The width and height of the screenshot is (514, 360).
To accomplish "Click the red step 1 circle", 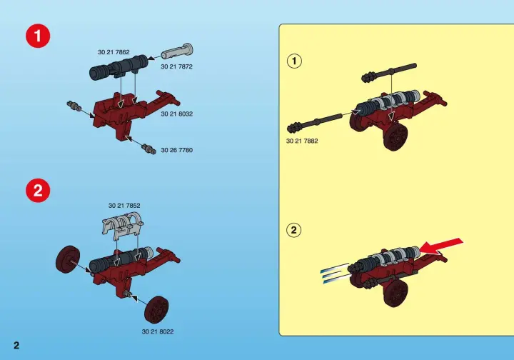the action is click(x=38, y=36).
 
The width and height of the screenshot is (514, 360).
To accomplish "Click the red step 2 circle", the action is click(x=38, y=190).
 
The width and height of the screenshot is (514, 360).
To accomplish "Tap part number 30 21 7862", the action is click(x=114, y=52).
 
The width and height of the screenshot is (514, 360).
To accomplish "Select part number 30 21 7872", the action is click(x=176, y=66).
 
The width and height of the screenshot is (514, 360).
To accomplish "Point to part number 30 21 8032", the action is click(x=177, y=114).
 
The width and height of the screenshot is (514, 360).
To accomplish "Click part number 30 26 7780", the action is click(x=177, y=150).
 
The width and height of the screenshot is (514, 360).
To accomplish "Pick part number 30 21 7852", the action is click(x=124, y=206).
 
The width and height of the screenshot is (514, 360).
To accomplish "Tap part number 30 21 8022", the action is click(x=158, y=332).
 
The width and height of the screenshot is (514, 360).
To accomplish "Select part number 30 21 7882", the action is click(x=302, y=141).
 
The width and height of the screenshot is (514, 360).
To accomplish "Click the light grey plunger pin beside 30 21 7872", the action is click(x=177, y=51).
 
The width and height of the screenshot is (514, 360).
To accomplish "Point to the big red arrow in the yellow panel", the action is click(x=441, y=246).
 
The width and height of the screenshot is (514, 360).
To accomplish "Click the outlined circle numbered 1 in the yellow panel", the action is click(x=294, y=61).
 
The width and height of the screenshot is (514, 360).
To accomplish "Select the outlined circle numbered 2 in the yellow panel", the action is click(x=293, y=230).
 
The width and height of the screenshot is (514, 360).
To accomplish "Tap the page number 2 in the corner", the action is click(x=16, y=345).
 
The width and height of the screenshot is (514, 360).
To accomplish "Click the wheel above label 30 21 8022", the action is click(x=156, y=310).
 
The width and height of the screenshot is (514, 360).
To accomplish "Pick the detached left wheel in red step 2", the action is click(x=68, y=259).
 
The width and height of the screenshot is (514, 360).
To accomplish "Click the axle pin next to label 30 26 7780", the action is click(x=148, y=149).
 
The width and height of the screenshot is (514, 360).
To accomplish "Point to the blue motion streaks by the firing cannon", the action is click(x=335, y=273).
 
